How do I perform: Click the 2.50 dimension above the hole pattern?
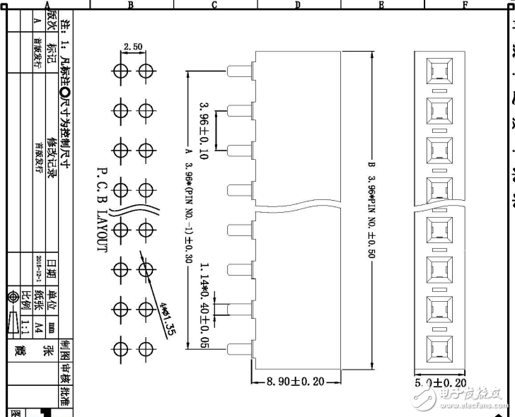pos(133,47)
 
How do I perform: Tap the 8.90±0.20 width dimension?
pos(295,382)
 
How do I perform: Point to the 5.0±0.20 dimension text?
pos(440,382)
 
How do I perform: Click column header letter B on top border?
pos(131,5)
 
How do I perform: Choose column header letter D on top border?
pos(298,5)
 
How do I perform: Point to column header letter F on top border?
pos(465,5)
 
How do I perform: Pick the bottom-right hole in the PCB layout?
pos(146,349)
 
